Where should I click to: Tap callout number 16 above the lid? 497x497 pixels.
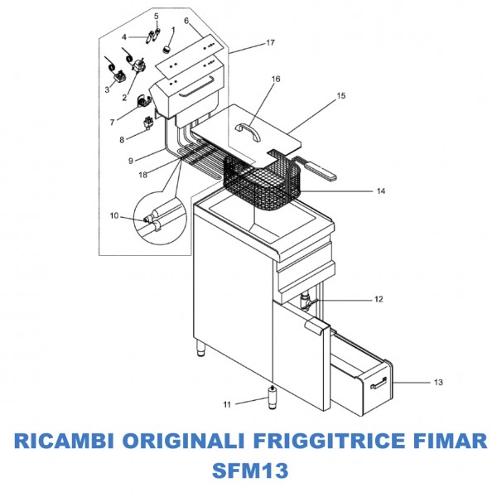click(276, 80)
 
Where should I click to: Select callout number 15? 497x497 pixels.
click(340, 97)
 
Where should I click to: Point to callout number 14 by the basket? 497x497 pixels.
click(381, 191)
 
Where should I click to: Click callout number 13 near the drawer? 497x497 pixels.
click(438, 382)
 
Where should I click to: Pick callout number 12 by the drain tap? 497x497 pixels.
click(379, 298)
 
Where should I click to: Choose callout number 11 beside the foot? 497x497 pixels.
click(227, 404)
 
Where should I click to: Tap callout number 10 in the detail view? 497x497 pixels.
click(113, 216)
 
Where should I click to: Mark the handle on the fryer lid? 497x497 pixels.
click(247, 128)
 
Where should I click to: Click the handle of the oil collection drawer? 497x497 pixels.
click(380, 381)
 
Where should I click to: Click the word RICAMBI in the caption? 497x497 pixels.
click(65, 439)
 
